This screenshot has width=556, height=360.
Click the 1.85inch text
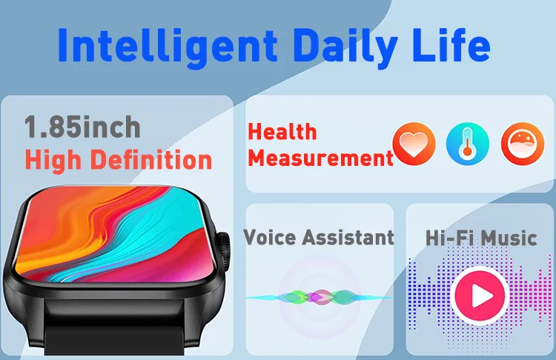click(82, 127)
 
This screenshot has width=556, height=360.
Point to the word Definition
click(151, 159)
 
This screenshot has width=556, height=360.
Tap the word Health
click(282, 132)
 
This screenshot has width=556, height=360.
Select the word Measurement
click(320, 158)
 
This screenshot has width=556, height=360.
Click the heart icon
click(414, 144)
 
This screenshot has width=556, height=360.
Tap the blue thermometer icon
click(468, 144)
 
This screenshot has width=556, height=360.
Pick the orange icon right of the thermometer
click(523, 144)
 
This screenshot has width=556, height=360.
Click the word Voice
click(270, 237)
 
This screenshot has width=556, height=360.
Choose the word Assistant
click(348, 237)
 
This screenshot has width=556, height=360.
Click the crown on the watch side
click(224, 253)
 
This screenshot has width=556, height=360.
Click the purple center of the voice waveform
click(322, 297)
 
